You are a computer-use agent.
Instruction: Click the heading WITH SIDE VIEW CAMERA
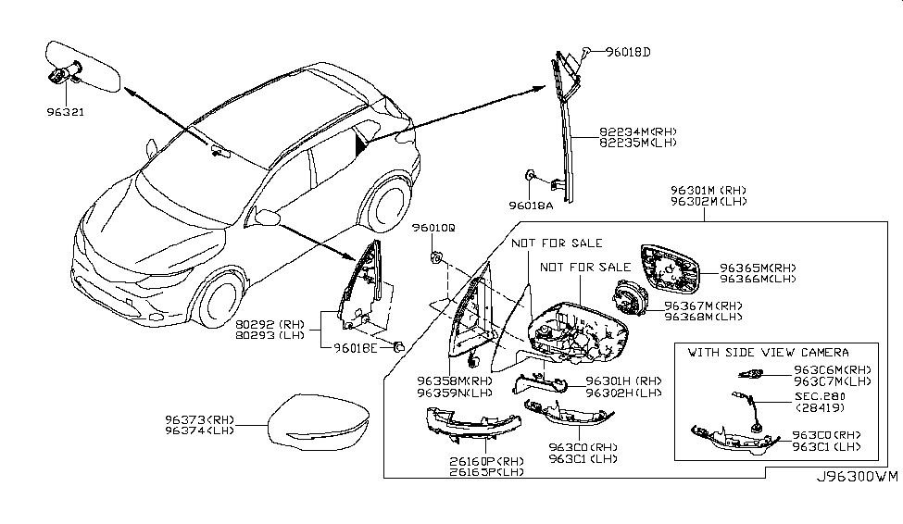(x=768, y=353)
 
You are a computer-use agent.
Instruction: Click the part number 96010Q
(x=434, y=227)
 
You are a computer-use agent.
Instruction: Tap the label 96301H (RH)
(x=621, y=381)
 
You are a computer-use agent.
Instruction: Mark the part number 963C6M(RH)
(x=831, y=368)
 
